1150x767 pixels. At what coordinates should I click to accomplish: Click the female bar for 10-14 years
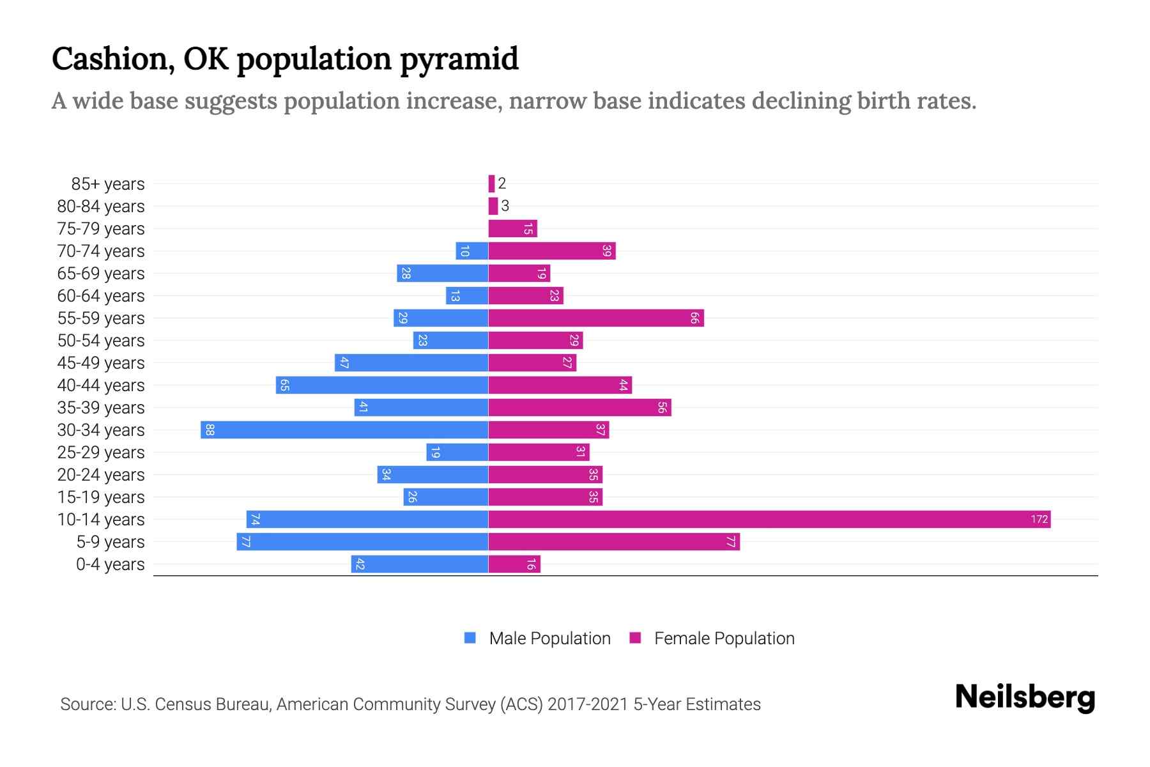pyautogui.click(x=769, y=519)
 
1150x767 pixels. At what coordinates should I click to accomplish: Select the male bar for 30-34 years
pyautogui.click(x=344, y=430)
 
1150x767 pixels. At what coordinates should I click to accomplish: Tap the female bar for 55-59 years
pyautogui.click(x=596, y=318)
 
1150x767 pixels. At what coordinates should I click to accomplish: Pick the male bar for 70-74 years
pyautogui.click(x=472, y=251)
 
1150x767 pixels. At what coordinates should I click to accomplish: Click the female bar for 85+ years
pyautogui.click(x=491, y=183)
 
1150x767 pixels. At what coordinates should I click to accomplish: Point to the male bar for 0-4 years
pyautogui.click(x=420, y=564)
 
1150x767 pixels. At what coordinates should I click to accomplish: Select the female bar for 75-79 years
pyautogui.click(x=512, y=228)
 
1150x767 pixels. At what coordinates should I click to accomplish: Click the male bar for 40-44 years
pyautogui.click(x=382, y=385)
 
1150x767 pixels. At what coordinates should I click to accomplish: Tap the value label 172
pyautogui.click(x=1039, y=519)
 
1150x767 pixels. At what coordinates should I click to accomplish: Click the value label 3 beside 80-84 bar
pyautogui.click(x=505, y=206)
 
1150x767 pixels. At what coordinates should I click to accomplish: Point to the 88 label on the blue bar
pyautogui.click(x=210, y=430)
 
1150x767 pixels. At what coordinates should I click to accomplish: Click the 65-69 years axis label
pyautogui.click(x=101, y=273)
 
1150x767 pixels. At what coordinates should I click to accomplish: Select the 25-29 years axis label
pyautogui.click(x=101, y=452)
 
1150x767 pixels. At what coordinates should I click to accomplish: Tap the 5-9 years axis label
pyautogui.click(x=111, y=541)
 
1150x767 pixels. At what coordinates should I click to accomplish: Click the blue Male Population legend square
pyautogui.click(x=470, y=638)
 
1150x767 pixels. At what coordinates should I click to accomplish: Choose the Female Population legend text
pyautogui.click(x=724, y=638)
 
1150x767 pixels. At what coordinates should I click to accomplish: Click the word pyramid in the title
pyautogui.click(x=459, y=59)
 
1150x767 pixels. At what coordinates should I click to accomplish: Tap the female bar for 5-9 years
pyautogui.click(x=613, y=541)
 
